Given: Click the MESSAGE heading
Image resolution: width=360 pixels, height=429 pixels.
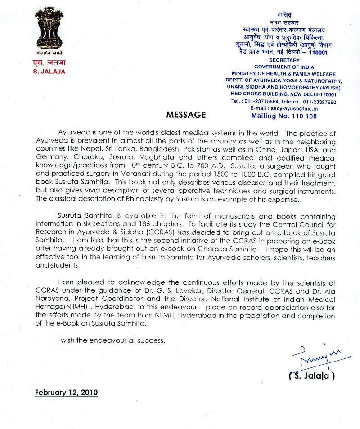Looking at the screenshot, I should click(186, 115).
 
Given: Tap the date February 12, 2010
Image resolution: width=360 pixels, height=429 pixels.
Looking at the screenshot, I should click(66, 392).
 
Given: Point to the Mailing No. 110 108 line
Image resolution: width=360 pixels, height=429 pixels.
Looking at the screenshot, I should click(283, 116).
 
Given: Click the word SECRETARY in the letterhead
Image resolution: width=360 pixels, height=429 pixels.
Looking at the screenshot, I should click(284, 60).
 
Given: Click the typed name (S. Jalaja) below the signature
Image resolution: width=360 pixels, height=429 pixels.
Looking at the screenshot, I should click(312, 376).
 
